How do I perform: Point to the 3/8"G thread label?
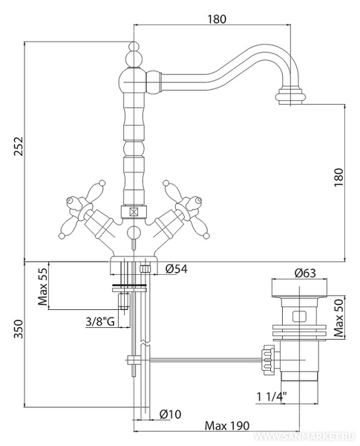(100, 322)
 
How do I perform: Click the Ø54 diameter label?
(177, 269)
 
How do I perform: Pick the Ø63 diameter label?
(305, 273)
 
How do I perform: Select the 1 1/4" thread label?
(272, 396)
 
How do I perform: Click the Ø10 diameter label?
(170, 414)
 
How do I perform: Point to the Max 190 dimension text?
(227, 426)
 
